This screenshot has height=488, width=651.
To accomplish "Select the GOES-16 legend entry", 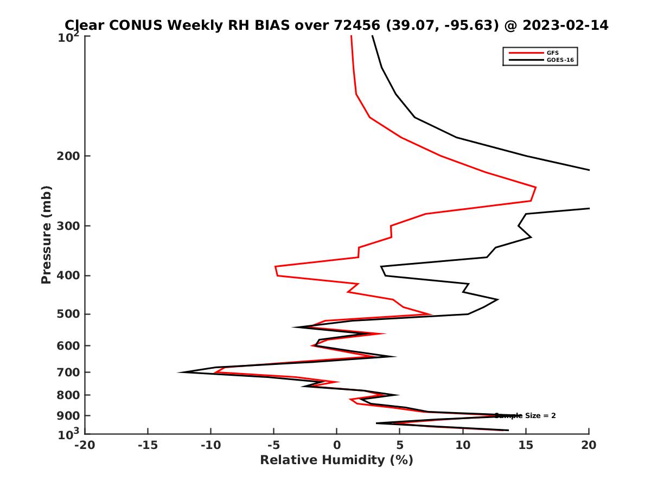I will (560, 60).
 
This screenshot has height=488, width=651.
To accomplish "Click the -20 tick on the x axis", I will (85, 445).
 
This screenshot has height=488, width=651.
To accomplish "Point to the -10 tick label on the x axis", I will (210, 445).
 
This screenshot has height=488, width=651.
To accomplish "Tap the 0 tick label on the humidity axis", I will (337, 445).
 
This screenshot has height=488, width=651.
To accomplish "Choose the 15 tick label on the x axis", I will (526, 445).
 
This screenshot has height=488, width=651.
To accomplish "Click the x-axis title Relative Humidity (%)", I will (336, 460).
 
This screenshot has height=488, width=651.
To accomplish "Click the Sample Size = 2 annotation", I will (525, 416).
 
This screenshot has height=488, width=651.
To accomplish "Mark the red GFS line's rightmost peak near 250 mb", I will (536, 188).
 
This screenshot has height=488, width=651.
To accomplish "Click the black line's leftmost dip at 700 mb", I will (179, 372).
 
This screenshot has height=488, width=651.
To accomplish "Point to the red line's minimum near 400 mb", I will (276, 267).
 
